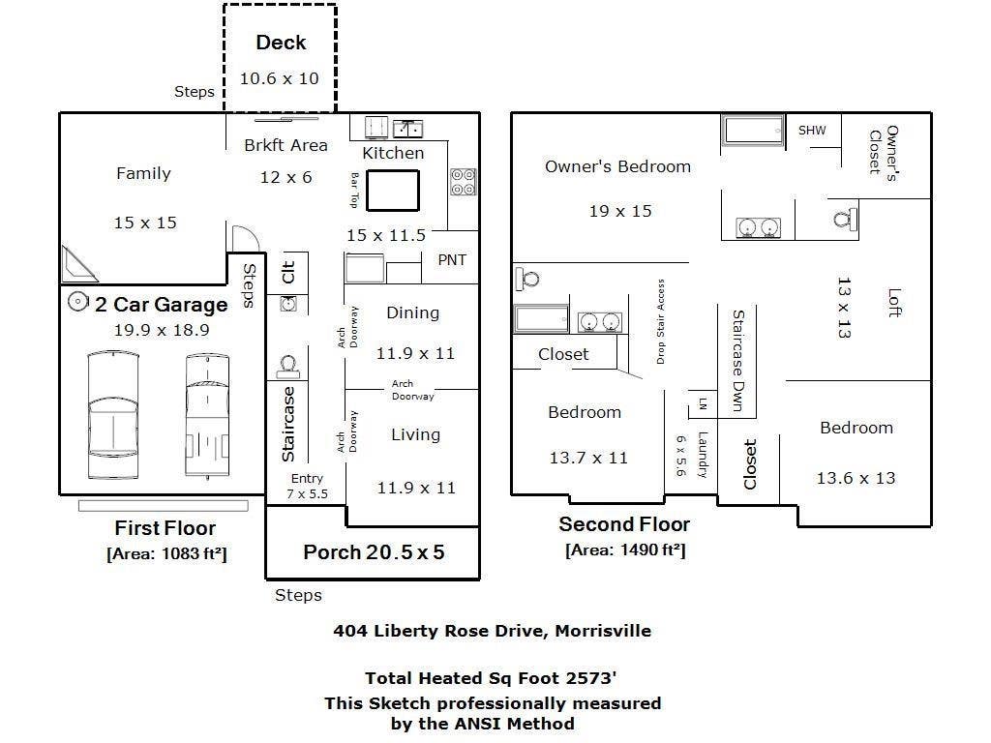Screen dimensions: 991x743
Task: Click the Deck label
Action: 281,43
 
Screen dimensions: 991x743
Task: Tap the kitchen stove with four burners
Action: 463,182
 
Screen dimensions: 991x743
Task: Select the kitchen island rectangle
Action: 393,191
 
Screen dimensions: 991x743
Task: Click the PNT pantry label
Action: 452,259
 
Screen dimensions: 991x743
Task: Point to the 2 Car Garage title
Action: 162,305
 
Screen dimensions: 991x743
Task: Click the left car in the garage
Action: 112,416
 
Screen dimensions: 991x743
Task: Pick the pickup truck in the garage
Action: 207,415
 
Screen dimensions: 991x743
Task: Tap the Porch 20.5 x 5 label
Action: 374,552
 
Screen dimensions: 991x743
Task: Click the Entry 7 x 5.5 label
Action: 307,486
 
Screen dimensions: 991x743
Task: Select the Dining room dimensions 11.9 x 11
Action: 415,353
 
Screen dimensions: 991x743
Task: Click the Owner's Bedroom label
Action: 617,166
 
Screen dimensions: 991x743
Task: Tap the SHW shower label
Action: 812,131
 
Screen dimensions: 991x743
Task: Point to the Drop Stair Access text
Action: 660,321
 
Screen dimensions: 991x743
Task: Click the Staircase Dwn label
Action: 738,360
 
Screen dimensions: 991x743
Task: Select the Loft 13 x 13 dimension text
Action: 844,307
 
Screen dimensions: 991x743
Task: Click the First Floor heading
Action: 165,527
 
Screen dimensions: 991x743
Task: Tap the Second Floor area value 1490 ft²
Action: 652,550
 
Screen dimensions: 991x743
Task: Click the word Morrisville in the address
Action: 603,631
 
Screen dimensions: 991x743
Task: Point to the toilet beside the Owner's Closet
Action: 845,220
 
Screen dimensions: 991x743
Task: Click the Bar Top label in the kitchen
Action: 354,191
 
